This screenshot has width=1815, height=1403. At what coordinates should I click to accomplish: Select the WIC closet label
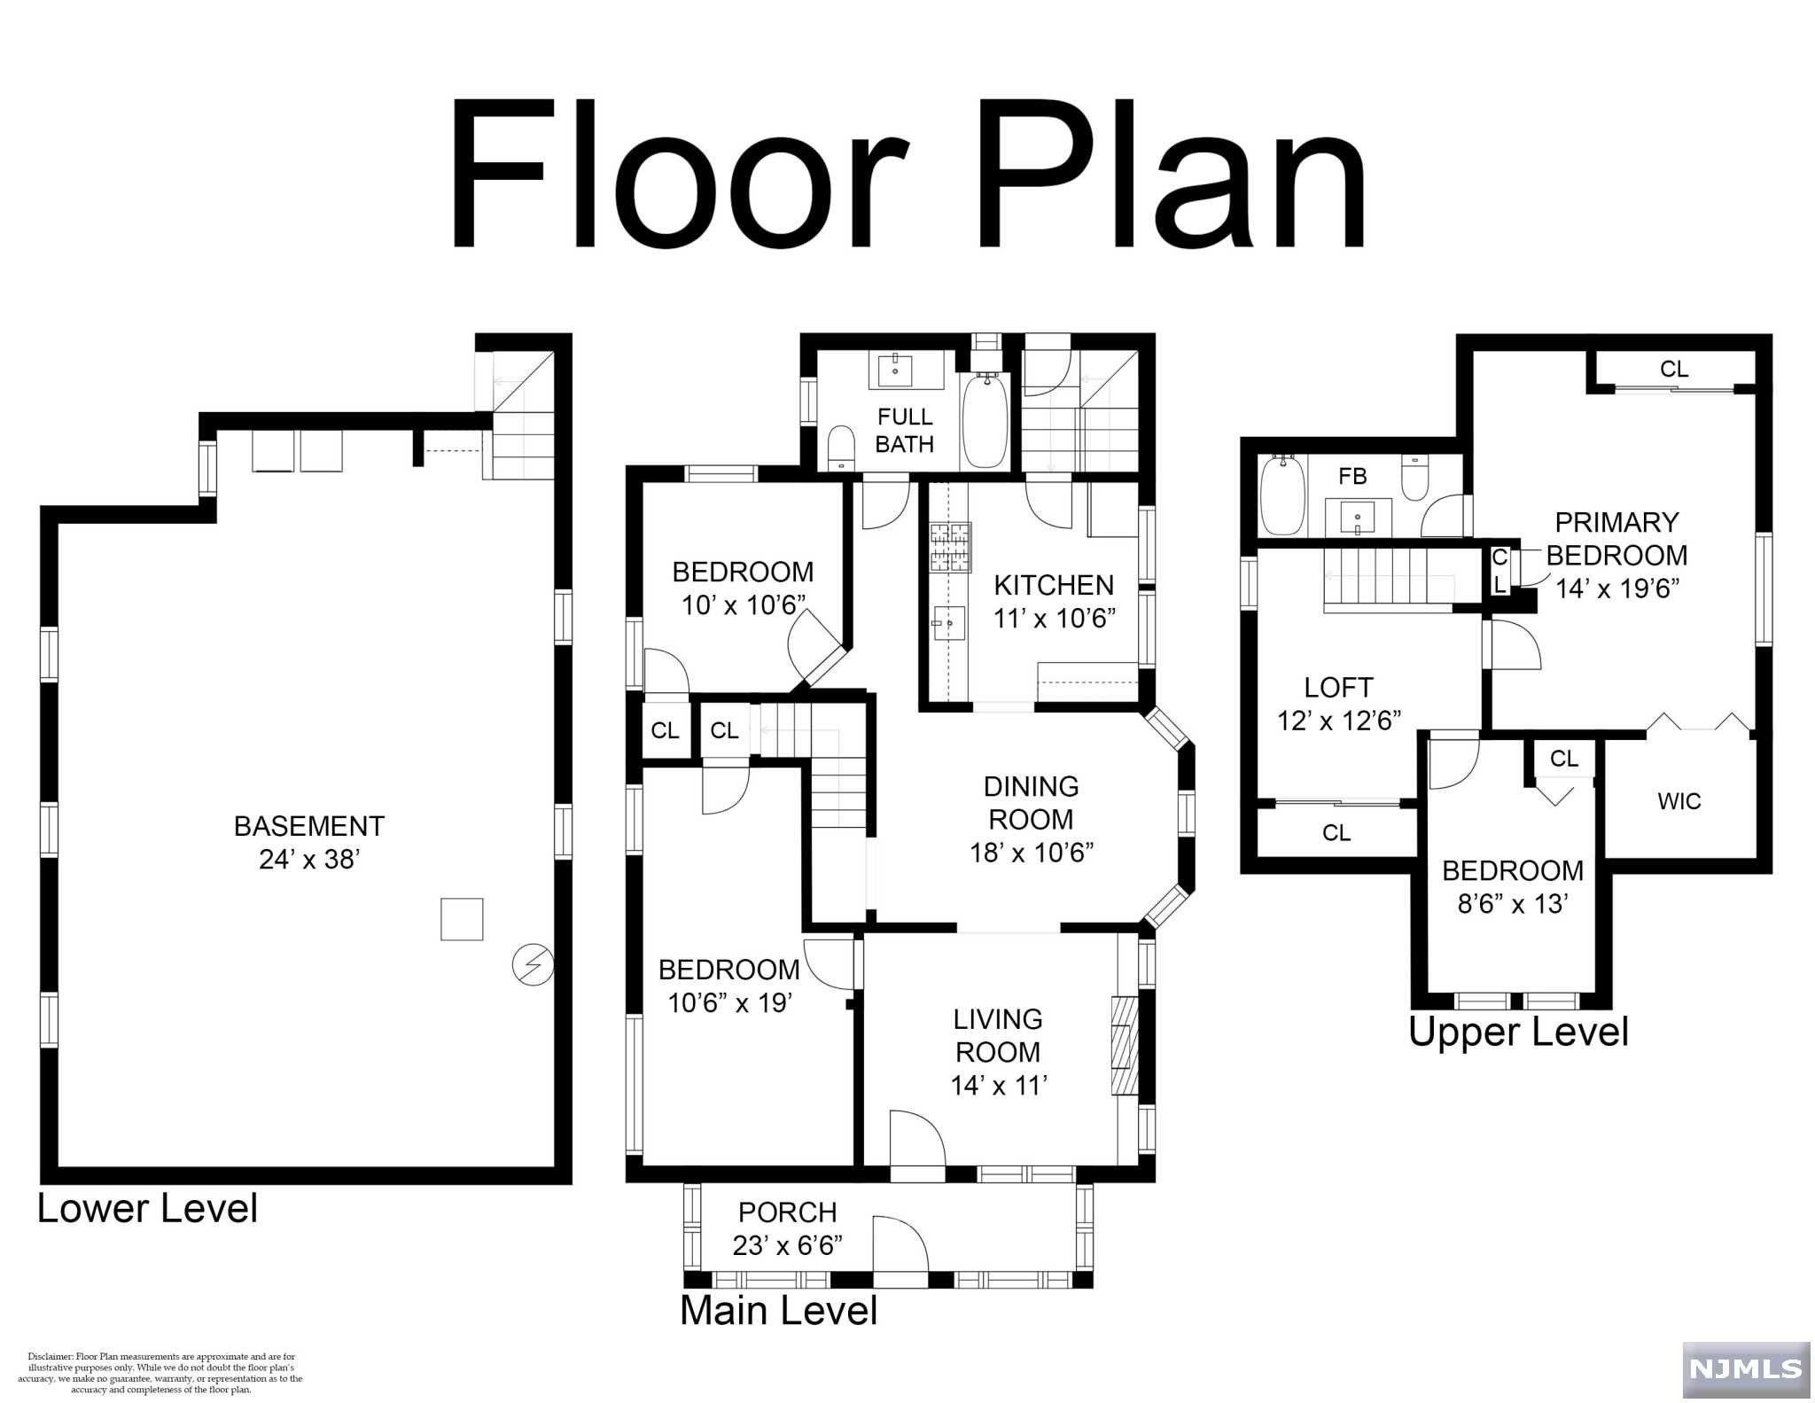pyautogui.click(x=1679, y=801)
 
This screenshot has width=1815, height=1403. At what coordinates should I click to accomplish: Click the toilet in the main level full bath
pyautogui.click(x=840, y=448)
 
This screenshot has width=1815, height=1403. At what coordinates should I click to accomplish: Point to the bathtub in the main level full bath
pyautogui.click(x=985, y=420)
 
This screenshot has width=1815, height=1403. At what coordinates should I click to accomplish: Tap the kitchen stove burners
pyautogui.click(x=949, y=547)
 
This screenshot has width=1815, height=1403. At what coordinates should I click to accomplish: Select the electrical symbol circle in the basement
pyautogui.click(x=534, y=964)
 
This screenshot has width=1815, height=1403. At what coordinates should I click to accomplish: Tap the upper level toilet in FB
pyautogui.click(x=1414, y=477)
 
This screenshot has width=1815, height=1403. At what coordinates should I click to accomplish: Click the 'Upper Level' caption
pyautogui.click(x=1519, y=1032)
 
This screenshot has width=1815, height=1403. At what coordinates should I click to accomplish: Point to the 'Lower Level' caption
pyautogui.click(x=147, y=1208)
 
